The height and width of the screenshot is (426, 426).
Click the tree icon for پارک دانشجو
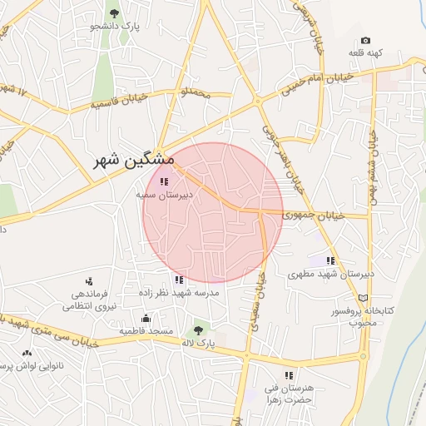[114, 13]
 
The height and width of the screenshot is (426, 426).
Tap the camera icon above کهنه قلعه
[365, 41]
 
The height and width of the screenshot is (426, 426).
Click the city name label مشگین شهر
[134, 159]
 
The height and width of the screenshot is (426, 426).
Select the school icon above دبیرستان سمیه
[164, 181]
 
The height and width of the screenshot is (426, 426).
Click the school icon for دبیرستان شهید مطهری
[330, 261]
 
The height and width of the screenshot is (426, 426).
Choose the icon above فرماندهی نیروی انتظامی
[89, 281]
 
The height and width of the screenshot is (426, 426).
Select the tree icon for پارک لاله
[198, 329]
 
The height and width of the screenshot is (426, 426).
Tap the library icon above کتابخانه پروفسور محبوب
[362, 297]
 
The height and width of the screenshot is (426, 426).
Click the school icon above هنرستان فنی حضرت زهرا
[289, 375]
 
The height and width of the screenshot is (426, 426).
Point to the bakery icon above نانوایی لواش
[27, 354]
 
